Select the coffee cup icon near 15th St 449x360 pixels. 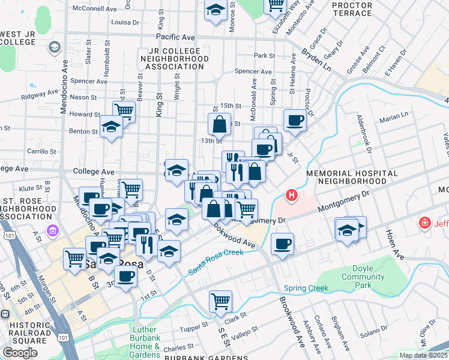coord(295,120)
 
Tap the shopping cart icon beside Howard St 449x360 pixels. coord(124,111)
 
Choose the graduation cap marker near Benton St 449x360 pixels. coord(111,127)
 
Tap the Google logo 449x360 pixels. coord(20,353)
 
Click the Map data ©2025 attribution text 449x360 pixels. coord(424,355)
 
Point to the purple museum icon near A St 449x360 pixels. coord(53,230)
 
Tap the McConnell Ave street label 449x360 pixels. coord(94,9)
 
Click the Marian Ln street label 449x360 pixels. coord(393,114)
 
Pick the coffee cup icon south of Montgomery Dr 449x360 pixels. coord(282,244)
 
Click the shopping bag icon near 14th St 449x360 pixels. coord(220,125)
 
